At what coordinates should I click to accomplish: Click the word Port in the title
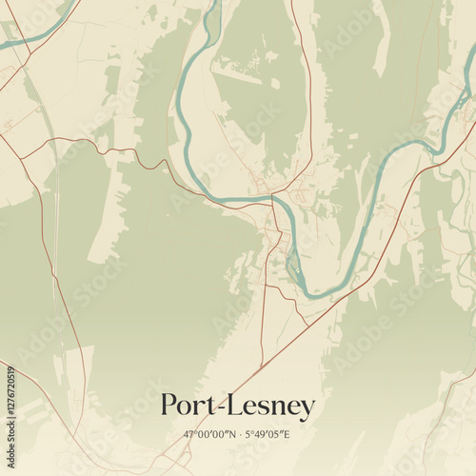tap(188, 406)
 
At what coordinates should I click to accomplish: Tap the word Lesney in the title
tap(271, 407)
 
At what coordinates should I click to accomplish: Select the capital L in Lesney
tap(235, 406)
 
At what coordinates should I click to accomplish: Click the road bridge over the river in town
tap(272, 198)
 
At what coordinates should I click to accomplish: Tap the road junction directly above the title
tap(259, 367)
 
